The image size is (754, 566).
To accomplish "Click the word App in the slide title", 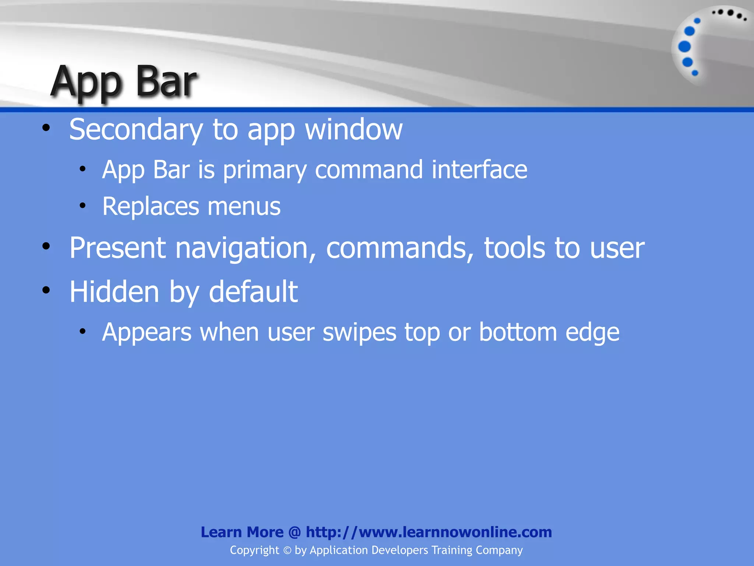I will click(87, 82).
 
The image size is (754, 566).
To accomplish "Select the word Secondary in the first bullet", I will click(136, 130).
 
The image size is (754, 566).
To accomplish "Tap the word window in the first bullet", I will click(354, 130).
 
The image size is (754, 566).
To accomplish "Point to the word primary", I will click(265, 170).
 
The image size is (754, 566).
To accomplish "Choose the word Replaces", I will click(151, 206).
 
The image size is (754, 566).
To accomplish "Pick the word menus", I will click(244, 206).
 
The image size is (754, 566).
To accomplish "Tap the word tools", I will click(514, 248).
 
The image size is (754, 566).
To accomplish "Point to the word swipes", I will click(359, 333).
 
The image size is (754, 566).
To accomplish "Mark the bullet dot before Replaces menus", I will click(82, 206).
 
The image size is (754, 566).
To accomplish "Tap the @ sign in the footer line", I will click(295, 532).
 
